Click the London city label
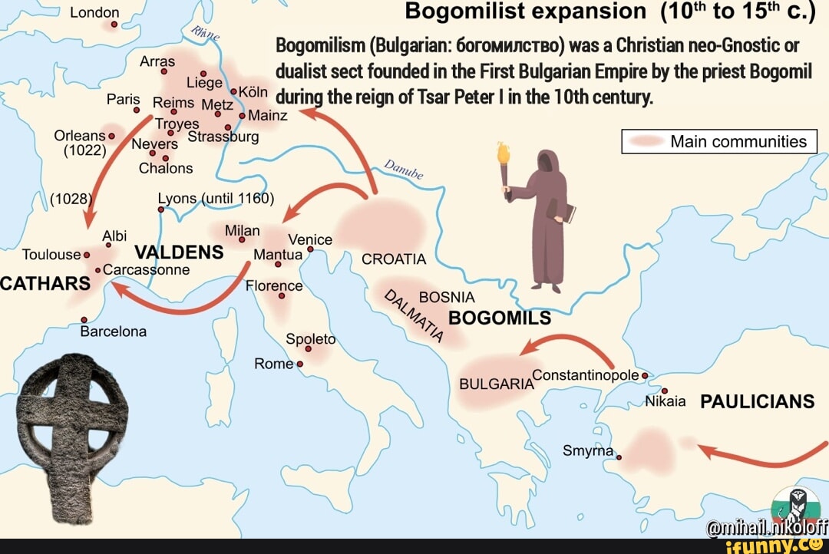click(x=95, y=12)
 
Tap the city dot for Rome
click(x=299, y=364)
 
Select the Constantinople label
click(x=585, y=374)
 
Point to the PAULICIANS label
click(x=757, y=402)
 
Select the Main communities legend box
click(x=719, y=142)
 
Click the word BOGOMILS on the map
click(x=500, y=318)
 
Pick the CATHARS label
click(x=45, y=283)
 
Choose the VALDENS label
click(x=179, y=252)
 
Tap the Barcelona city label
click(x=114, y=332)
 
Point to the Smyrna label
click(x=589, y=450)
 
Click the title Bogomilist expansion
click(x=525, y=12)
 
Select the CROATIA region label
click(x=394, y=259)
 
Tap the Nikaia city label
click(x=665, y=401)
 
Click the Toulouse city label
click(x=51, y=254)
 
